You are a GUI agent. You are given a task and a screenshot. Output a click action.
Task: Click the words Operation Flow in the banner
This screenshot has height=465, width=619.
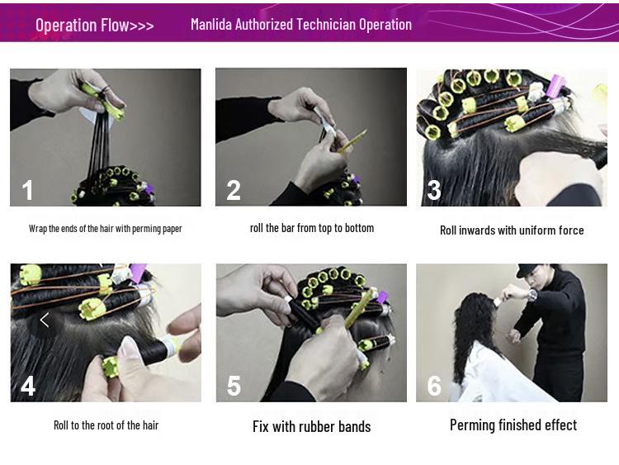82,25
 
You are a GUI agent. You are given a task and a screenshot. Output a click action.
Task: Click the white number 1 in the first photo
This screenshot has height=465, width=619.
27,190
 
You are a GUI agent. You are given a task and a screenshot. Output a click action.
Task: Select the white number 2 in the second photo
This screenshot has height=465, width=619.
234,190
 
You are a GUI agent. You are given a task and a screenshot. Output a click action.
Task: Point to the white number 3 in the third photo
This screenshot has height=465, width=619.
434,190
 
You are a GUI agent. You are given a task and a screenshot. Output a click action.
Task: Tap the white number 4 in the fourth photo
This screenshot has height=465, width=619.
28,386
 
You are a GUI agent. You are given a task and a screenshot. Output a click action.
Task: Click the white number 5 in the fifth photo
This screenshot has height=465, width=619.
234,386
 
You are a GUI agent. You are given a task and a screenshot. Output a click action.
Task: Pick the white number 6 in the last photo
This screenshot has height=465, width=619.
434,386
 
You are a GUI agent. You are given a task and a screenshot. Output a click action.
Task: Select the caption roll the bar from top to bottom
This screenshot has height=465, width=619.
312,228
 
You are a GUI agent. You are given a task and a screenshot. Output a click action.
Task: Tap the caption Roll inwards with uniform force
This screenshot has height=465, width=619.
512,230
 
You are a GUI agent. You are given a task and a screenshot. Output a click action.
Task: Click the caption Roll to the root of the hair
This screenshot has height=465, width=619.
106,425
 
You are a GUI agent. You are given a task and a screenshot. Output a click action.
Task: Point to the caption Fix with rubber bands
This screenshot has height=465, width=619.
311,427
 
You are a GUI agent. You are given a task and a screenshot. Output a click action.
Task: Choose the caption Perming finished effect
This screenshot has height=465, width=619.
513,425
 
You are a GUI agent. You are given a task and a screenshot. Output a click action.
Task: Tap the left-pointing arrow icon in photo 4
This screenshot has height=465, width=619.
45,320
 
